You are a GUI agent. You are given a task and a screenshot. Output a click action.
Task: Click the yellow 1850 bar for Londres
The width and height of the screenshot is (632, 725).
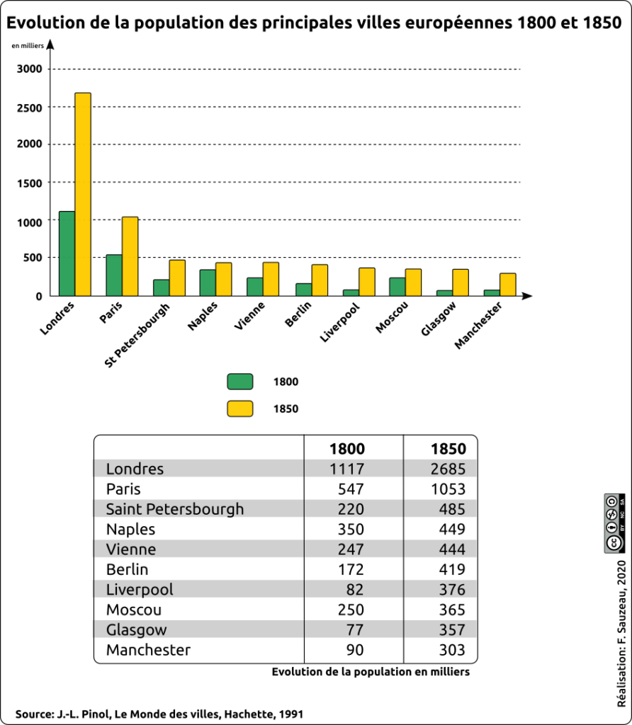pos(83,194)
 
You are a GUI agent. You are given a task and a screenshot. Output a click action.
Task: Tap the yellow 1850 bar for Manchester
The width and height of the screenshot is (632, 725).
pos(507,284)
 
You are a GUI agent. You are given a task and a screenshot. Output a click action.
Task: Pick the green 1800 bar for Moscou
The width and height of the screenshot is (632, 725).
pos(397,286)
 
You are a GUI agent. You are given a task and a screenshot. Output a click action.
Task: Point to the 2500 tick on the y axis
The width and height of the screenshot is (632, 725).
pos(30,107)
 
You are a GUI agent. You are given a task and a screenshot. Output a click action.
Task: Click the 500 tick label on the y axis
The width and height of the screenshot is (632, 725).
pos(33,258)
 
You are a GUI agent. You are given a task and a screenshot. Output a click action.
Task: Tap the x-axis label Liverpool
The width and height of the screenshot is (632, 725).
pos(341,322)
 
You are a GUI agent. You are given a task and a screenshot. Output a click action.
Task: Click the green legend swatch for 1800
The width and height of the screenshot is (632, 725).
pos(239,382)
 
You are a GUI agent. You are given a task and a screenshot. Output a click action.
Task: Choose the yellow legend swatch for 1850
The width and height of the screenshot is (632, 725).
pos(239,409)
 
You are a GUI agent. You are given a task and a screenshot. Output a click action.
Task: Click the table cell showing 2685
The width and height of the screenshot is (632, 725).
pos(448,469)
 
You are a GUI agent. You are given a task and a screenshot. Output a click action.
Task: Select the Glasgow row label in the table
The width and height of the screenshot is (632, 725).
pos(137,610)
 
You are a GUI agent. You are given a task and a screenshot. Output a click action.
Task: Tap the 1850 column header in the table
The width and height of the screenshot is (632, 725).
pos(448,449)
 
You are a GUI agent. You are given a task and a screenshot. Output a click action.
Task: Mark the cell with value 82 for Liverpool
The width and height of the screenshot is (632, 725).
pos(354,589)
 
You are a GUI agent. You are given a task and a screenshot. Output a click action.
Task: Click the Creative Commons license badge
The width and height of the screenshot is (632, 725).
pos(614,523)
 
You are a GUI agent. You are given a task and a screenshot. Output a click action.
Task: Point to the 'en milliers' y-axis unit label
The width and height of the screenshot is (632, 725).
pos(28,46)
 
